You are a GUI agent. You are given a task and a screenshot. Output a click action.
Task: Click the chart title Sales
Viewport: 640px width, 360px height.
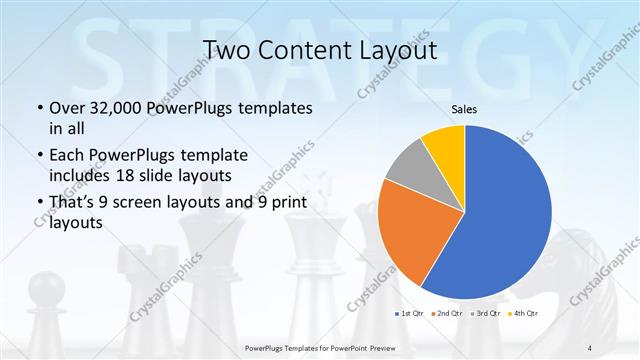[x=466, y=108]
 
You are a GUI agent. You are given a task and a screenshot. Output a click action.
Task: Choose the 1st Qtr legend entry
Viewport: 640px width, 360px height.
[x=408, y=313]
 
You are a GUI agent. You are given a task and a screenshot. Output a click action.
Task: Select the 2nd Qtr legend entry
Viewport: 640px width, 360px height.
[x=447, y=313]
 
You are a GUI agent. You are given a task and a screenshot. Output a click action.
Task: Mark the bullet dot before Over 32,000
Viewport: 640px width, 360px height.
[x=38, y=108]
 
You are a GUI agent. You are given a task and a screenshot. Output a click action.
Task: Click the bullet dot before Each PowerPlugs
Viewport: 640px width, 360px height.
[x=38, y=155]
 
